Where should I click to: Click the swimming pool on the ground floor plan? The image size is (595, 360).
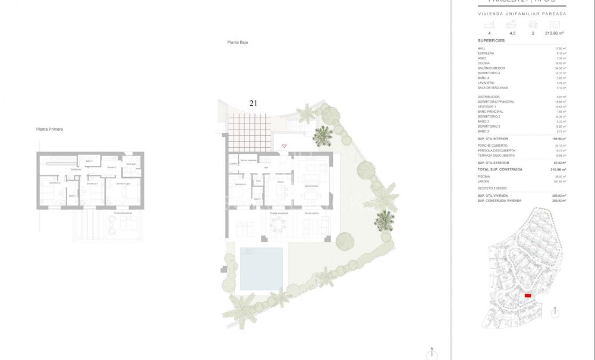pos(262,269)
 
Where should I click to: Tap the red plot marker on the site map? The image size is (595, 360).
pos(527,295)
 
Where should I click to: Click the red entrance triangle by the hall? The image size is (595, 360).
pos(284,146)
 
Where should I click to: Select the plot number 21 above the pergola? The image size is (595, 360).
pos(253,103)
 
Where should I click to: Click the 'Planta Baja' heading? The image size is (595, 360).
pos(237,42)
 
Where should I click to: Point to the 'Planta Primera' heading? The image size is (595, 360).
pos(49,129)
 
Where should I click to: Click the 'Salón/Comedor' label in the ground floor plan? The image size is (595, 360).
pos(310,185)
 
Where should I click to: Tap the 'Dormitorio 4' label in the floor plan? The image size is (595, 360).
pos(240,185)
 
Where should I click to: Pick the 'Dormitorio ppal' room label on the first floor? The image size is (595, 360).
pos(122,184)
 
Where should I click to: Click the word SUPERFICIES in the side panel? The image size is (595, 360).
pos(491,40)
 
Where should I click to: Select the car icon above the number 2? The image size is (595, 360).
pos(533,24)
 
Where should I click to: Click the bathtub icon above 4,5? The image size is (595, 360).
pos(511,24)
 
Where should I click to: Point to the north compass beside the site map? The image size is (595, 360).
pos(555,311)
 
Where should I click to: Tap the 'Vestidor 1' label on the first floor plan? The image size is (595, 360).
pos(111,168)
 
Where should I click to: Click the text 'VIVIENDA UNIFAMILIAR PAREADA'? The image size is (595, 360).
pos(522,13)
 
